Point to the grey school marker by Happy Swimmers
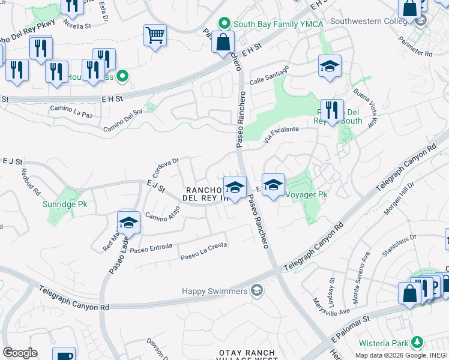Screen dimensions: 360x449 pos(256,292)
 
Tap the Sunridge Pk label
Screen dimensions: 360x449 pos(65,204)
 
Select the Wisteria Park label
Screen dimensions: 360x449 pos(384,343)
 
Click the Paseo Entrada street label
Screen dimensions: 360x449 pos(151,247)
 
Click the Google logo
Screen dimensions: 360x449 pos(20,353)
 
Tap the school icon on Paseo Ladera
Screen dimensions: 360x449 pos(128,223)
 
